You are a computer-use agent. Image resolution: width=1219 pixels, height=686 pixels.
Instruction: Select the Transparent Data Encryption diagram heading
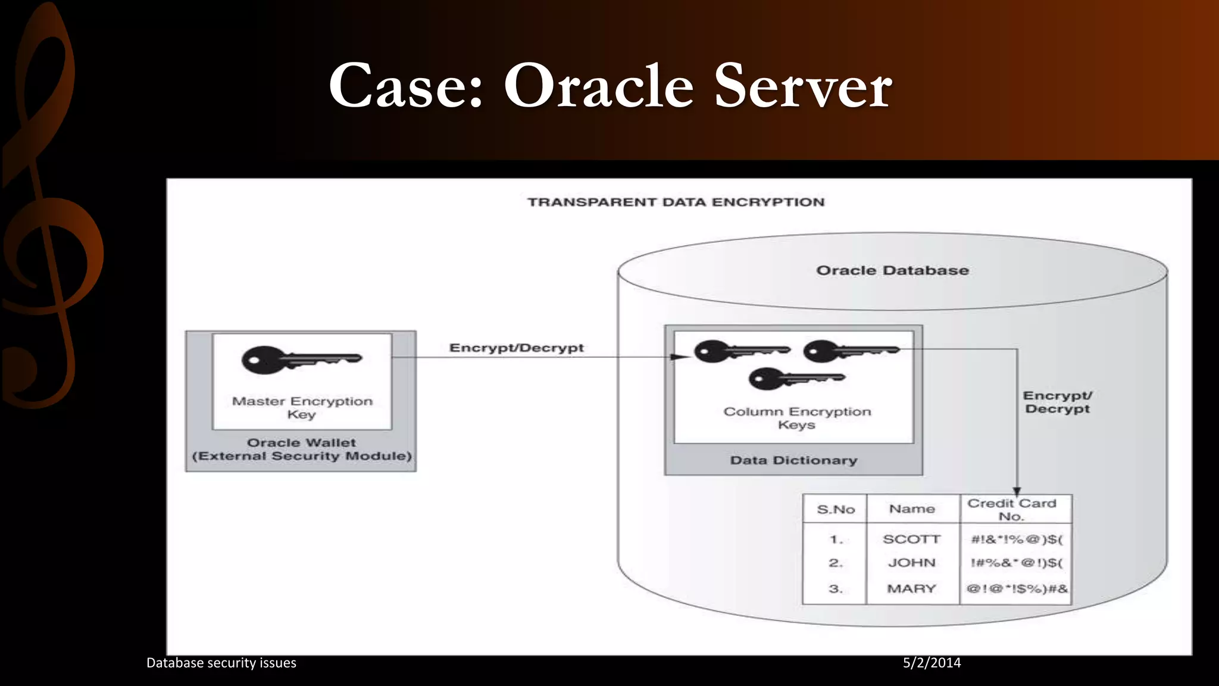tap(676, 202)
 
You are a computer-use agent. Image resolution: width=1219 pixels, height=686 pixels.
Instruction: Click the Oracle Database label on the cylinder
tap(892, 271)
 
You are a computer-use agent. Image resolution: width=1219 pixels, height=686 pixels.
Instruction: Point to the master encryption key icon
tap(301, 360)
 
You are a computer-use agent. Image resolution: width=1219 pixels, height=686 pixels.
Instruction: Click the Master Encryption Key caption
tap(302, 408)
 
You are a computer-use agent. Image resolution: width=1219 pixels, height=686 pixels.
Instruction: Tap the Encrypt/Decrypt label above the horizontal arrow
tap(516, 348)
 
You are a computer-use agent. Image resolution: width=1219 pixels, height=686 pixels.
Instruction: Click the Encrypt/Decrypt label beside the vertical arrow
tap(1057, 403)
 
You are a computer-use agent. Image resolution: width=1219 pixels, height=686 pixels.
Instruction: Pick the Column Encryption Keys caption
tap(797, 418)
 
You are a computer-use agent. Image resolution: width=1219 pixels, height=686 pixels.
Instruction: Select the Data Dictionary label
tap(793, 460)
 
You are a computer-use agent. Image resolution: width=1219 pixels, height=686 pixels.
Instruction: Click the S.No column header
tap(836, 510)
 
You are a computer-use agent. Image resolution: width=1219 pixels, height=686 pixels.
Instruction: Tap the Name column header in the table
tap(912, 509)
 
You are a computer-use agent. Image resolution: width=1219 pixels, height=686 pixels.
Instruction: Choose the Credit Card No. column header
tap(1012, 510)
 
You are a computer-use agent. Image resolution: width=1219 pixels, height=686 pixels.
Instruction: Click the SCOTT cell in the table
tap(912, 540)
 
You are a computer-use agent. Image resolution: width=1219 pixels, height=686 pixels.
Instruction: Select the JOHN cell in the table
tap(912, 563)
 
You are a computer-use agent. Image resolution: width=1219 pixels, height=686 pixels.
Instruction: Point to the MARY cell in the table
tap(912, 589)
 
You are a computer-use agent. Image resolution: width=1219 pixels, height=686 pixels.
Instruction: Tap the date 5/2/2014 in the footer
tap(932, 663)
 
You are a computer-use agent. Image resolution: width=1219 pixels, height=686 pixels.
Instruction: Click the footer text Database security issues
tap(221, 663)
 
